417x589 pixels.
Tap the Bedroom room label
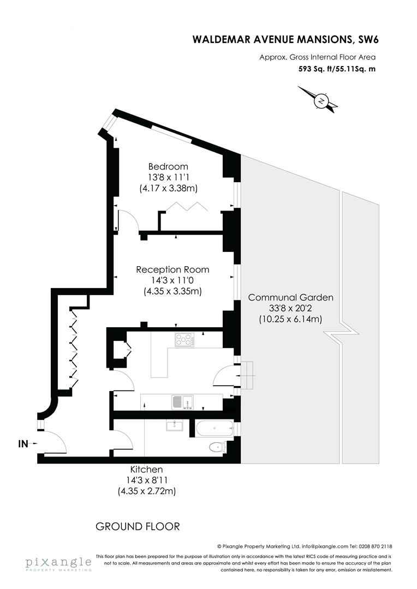coord(168,166)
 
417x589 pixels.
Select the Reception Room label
coord(172,269)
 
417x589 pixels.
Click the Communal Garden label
coord(290,297)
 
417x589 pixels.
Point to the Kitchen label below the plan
coord(146,469)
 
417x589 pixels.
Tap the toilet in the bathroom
coord(217,447)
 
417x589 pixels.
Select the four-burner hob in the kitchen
coord(184,340)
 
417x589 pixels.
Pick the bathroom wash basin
coord(174,425)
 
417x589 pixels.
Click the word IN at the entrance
coord(23,444)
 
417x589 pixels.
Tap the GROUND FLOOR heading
coord(138,526)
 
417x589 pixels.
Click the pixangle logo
coord(57,563)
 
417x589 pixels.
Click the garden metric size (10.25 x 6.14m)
coord(290,320)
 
